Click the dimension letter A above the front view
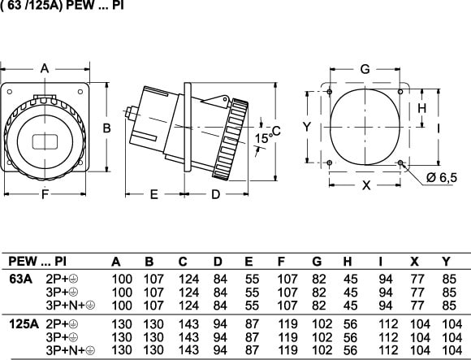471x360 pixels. (45, 68)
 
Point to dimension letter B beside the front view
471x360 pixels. (106, 128)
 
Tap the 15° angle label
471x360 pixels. (263, 138)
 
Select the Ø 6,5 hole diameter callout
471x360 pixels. (441, 178)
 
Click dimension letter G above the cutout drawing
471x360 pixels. (365, 69)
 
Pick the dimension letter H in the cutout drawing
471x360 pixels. (422, 108)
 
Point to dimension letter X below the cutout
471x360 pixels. (366, 185)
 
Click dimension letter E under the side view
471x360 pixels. (153, 195)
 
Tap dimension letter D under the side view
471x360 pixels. (216, 195)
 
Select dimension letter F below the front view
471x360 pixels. (45, 194)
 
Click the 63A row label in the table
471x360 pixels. (20, 280)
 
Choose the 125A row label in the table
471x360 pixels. (24, 324)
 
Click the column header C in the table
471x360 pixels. (183, 262)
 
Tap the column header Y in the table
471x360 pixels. (447, 262)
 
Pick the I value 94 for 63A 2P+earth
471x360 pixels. (386, 280)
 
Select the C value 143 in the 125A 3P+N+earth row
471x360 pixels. (188, 350)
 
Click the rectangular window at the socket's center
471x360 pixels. (45, 142)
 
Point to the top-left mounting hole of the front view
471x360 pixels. (10, 92)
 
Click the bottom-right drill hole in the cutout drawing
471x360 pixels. (400, 163)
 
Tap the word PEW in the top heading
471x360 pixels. (80, 6)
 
